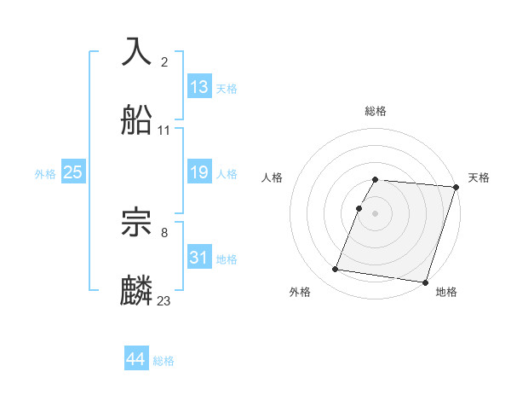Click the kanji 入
coord(137,52)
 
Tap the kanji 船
coord(137,120)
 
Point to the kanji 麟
coord(137,291)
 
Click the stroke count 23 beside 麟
coord(164,300)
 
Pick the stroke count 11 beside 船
coord(164,130)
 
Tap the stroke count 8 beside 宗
coord(164,232)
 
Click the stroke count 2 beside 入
coord(164,61)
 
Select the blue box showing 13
coord(199,87)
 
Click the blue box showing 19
coord(199,172)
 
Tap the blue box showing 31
coord(199,258)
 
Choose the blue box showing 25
coord(73,172)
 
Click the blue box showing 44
coord(136,360)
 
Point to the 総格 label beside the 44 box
coord(164,361)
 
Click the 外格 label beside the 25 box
coord(45,173)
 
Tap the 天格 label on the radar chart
coord(479,177)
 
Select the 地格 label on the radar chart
coord(446,292)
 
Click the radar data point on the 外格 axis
coord(336,270)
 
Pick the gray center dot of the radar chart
coord(376,213)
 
